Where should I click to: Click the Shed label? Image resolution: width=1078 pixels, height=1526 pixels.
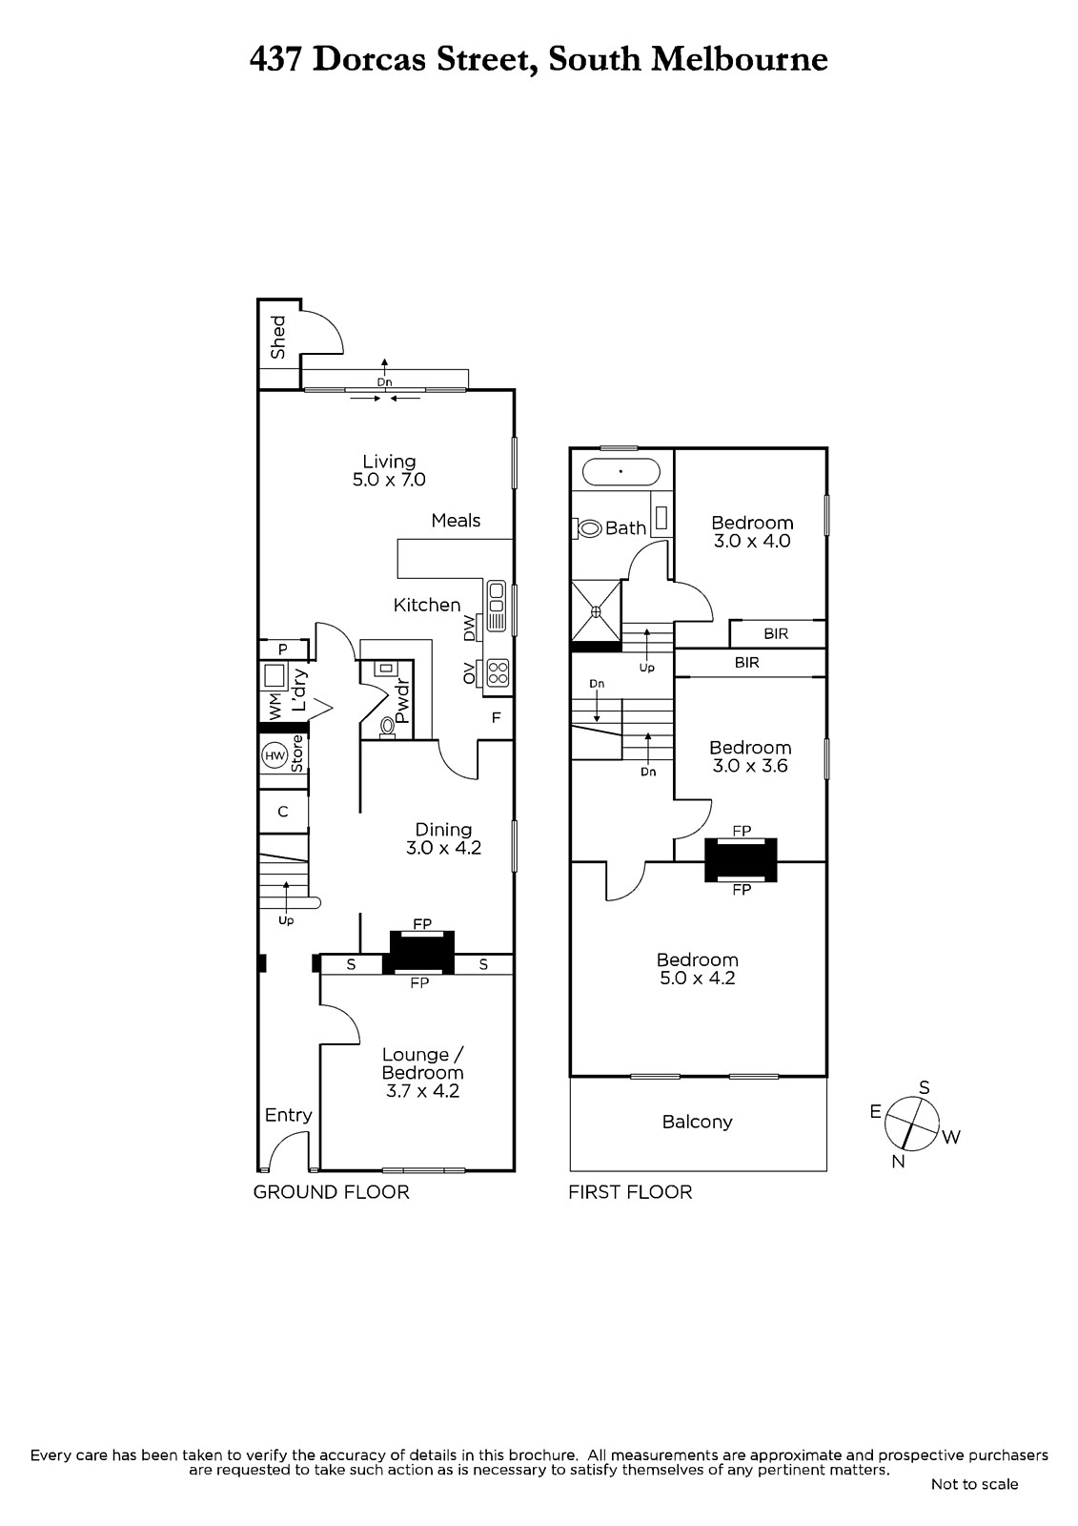point(278,337)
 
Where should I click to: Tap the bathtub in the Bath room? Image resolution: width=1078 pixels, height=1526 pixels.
point(620,472)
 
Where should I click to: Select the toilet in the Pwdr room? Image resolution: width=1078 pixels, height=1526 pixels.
point(388,726)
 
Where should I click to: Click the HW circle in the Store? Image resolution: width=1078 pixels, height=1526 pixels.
point(275,756)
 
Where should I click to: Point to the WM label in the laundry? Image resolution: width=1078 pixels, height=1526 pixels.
point(275,707)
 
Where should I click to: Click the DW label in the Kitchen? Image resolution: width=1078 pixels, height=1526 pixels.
point(469,628)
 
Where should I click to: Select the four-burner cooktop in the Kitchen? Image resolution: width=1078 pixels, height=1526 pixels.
point(498,673)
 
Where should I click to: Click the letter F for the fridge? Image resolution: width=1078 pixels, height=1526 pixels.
point(496,717)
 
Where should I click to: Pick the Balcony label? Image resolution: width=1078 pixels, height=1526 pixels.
point(697,1122)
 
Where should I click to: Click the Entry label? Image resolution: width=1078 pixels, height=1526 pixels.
point(288,1115)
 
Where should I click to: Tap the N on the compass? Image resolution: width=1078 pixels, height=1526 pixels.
point(898,1162)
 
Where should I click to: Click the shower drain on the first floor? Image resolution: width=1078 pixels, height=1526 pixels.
point(596,610)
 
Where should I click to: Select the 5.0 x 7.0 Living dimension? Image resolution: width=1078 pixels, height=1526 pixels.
point(389,480)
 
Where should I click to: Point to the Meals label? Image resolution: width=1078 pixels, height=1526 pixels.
point(456,520)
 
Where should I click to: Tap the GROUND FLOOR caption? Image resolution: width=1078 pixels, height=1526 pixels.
point(331,1191)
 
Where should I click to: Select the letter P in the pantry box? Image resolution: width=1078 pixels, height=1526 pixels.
point(283,650)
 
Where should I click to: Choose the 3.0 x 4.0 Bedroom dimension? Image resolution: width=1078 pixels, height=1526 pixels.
point(752,541)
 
